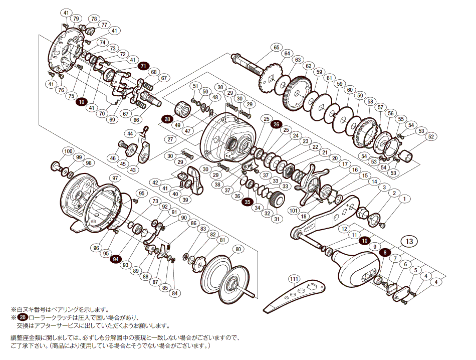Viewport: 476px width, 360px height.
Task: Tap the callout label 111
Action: [294, 278]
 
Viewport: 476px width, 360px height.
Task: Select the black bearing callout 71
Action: [143, 66]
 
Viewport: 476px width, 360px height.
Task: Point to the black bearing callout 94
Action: [116, 259]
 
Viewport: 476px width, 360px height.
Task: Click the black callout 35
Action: [248, 202]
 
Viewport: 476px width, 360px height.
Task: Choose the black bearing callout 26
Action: [276, 124]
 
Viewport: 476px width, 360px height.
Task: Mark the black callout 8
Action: [385, 252]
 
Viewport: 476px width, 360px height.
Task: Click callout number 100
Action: [68, 151]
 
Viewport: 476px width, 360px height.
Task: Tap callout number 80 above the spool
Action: [237, 249]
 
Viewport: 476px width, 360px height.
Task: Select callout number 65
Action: [276, 47]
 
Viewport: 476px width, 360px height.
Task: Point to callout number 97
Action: [115, 178]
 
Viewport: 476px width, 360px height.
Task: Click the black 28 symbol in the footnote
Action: [23, 318]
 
